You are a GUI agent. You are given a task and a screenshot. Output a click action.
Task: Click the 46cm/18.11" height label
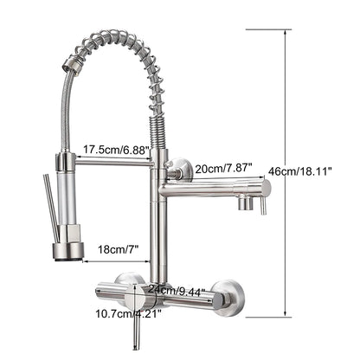coord(300,171)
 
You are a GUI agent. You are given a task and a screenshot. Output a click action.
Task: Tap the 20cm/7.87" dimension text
coord(224,168)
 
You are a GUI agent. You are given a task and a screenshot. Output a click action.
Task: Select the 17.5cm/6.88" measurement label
coord(117,150)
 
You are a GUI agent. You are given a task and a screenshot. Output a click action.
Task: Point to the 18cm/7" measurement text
coord(119,249)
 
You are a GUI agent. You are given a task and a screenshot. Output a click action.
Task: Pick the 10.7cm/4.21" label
coord(128,313)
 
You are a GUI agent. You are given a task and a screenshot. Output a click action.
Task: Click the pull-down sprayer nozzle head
coord(68,251)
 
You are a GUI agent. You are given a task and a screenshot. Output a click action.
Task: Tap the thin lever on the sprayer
coord(51,208)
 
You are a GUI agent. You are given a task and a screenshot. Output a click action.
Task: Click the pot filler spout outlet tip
coord(246,203)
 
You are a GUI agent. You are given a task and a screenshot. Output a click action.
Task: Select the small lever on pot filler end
coord(263,206)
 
